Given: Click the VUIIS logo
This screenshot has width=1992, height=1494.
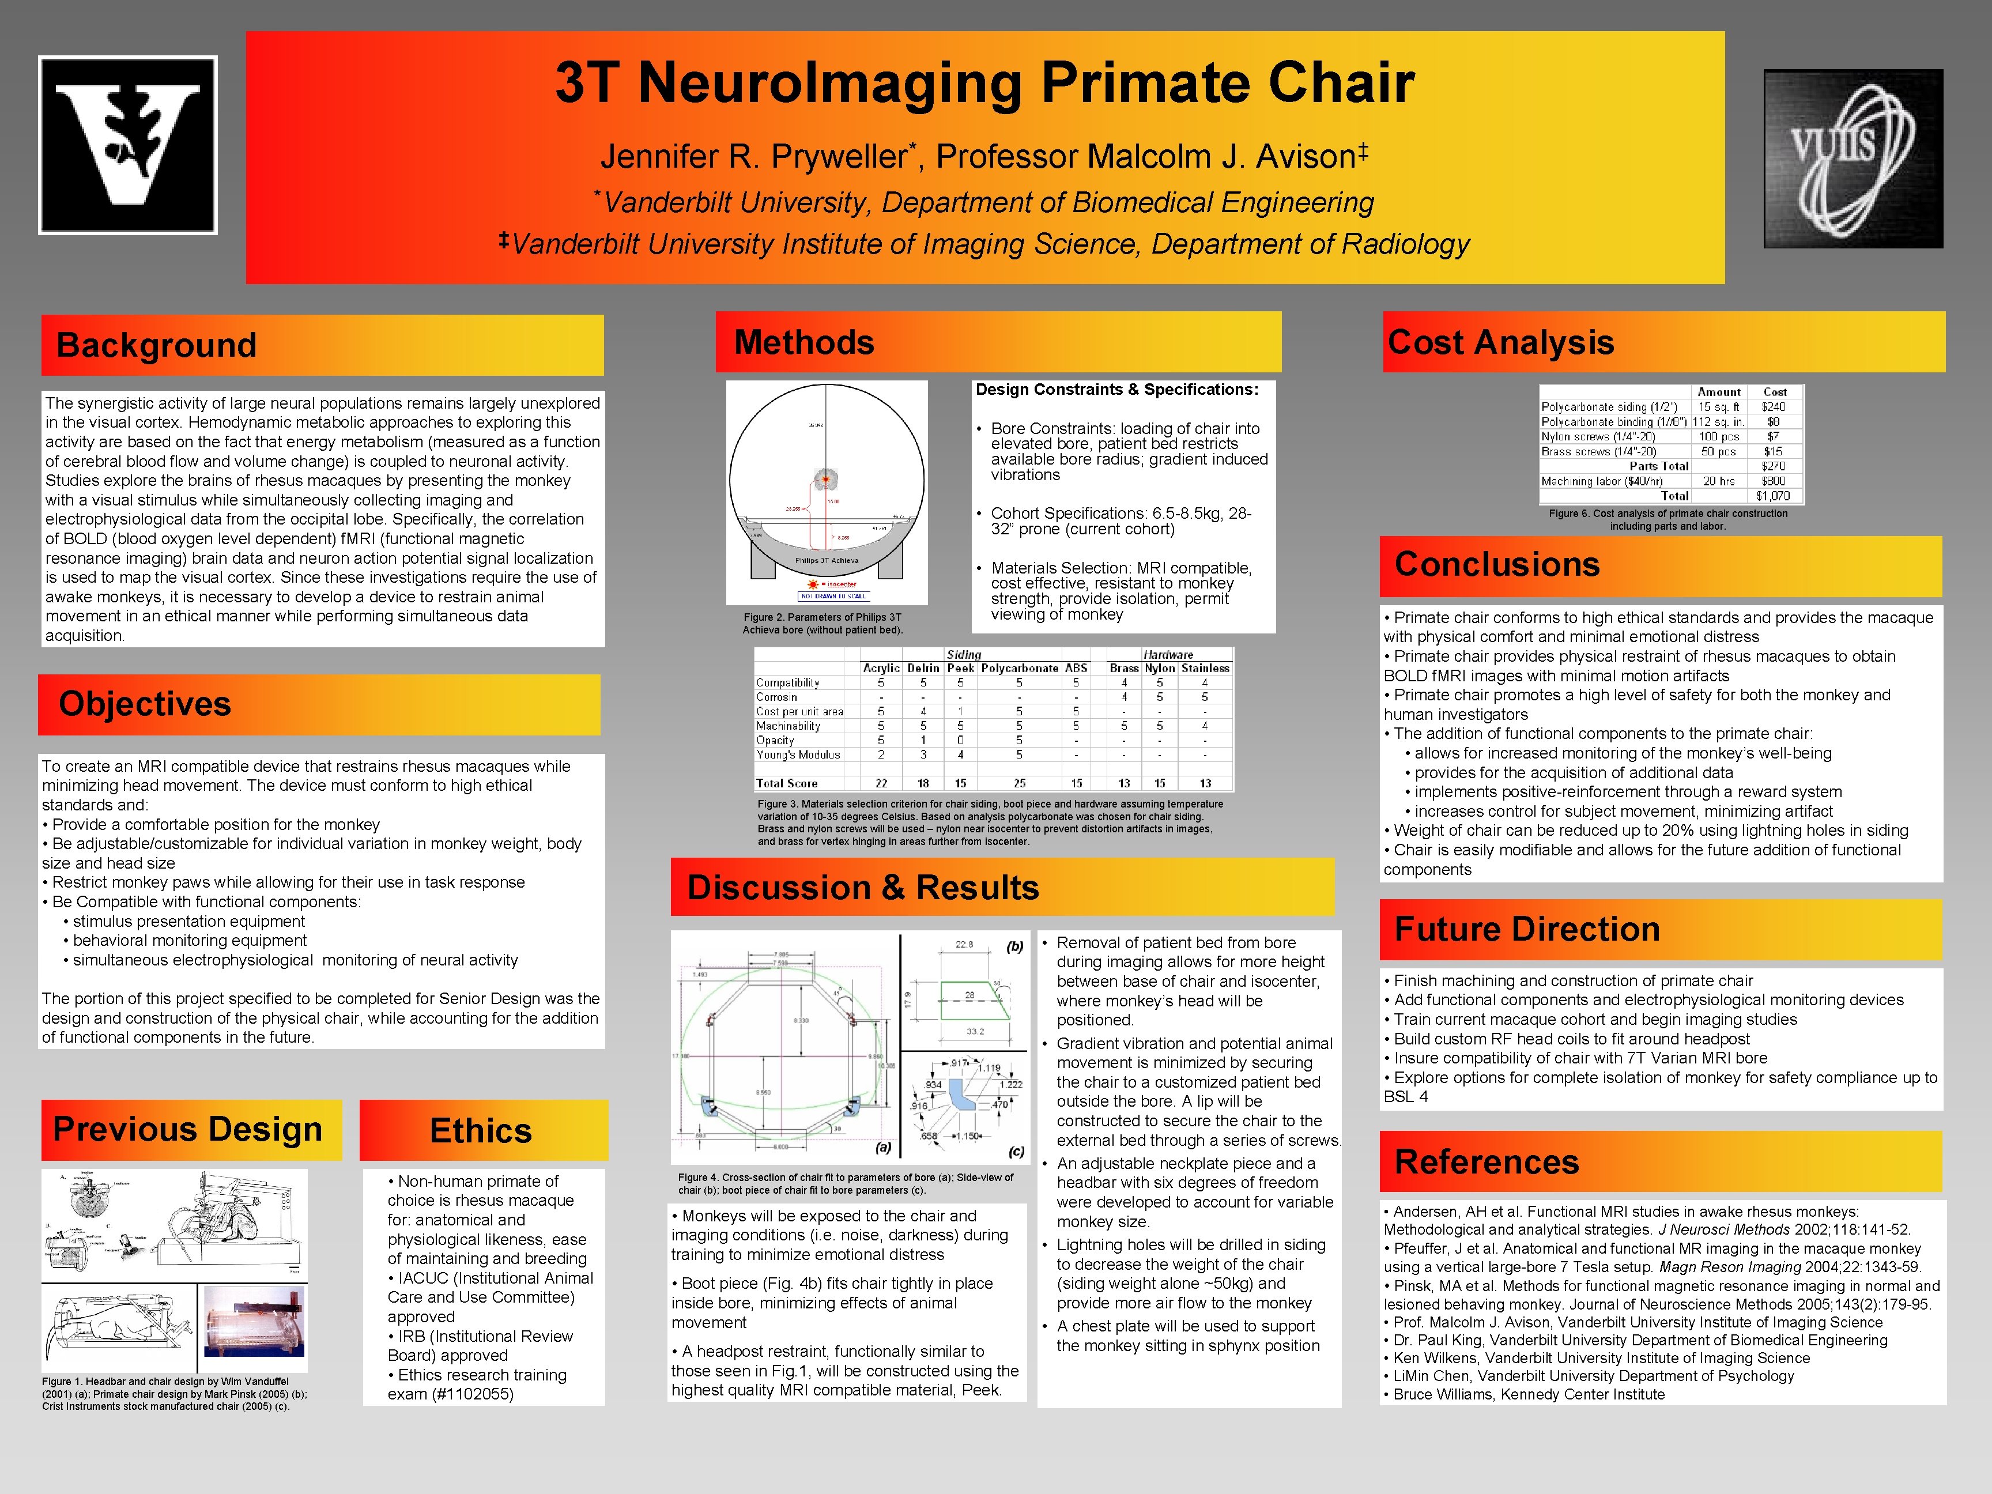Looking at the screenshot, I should [1853, 159].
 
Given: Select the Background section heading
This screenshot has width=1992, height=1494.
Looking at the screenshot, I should [157, 345].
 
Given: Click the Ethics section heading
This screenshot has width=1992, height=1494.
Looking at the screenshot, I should [481, 1130].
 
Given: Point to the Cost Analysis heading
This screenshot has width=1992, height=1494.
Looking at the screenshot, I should [1501, 342].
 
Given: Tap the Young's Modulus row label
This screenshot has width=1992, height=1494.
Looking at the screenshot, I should [798, 754].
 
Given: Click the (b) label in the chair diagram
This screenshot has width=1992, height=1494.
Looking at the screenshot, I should [1015, 946].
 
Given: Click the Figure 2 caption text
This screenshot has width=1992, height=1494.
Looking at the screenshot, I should [822, 623].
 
